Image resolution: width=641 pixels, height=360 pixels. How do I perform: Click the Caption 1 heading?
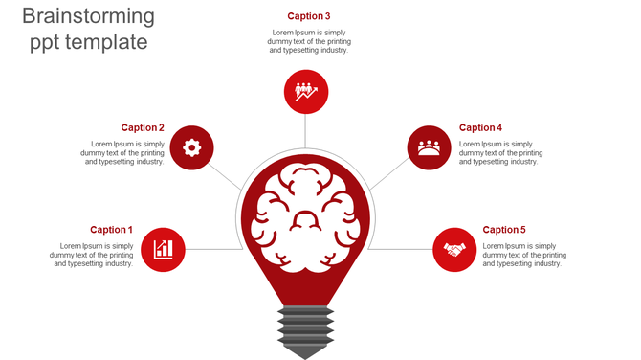pyautogui.click(x=111, y=230)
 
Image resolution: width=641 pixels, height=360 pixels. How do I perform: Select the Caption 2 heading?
pyautogui.click(x=143, y=127)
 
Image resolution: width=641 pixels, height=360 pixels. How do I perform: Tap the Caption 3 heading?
pyautogui.click(x=309, y=16)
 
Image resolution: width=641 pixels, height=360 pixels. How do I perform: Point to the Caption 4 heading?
pyautogui.click(x=480, y=127)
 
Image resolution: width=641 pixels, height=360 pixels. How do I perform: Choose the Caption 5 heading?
pyautogui.click(x=504, y=230)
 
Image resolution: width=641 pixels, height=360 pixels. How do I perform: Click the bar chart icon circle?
pyautogui.click(x=163, y=250)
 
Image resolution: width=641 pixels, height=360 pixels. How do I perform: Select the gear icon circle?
pyautogui.click(x=191, y=147)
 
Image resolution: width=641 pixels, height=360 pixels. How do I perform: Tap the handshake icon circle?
pyautogui.click(x=453, y=250)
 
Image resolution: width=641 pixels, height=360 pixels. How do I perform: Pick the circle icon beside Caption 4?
pyautogui.click(x=429, y=147)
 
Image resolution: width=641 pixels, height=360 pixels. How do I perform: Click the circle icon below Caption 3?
pyautogui.click(x=306, y=92)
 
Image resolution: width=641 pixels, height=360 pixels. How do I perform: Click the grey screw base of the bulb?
pyautogui.click(x=306, y=330)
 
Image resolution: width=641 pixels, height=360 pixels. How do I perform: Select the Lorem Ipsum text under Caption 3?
pyautogui.click(x=309, y=41)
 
